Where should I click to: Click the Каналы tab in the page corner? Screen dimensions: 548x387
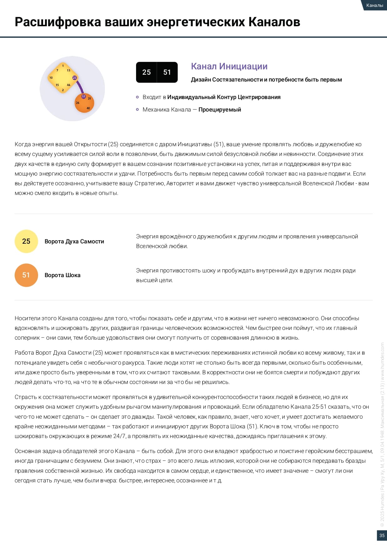coord(375,5)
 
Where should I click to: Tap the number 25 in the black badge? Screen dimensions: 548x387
coord(146,72)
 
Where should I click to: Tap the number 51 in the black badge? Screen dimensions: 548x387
coord(167,72)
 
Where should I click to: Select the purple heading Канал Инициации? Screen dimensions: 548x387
coord(229,66)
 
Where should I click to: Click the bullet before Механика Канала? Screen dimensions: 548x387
coord(137,109)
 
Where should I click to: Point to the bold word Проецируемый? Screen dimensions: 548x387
coord(220,110)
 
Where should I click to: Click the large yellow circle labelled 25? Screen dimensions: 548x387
coord(26,241)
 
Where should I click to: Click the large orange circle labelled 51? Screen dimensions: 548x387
coord(26,275)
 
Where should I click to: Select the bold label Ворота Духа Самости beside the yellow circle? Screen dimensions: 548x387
coord(74,242)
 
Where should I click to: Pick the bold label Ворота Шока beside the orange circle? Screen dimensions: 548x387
coord(62,275)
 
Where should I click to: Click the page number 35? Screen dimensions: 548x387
coord(382,536)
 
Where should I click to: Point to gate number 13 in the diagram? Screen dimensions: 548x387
coord(69,70)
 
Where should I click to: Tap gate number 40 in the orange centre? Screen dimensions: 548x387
coord(88,108)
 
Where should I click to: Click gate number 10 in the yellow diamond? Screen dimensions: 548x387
coord(51,77)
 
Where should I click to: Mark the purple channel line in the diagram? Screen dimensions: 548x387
coord(80,87)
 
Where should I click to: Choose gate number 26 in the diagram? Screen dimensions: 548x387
coord(77,102)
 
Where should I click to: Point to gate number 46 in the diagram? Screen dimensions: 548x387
coord(69,85)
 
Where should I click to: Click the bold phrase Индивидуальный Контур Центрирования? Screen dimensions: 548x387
coord(224,97)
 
